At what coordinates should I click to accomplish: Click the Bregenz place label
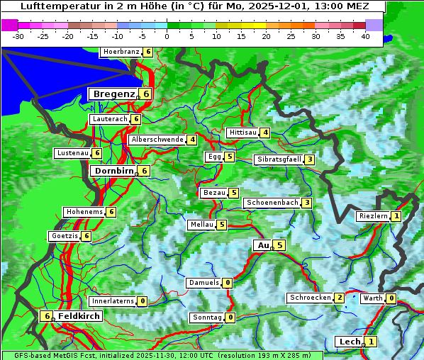click(113, 94)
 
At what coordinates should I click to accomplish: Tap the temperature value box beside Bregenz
click(145, 94)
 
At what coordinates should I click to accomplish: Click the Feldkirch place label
click(78, 316)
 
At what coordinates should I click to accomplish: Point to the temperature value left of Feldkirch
click(47, 316)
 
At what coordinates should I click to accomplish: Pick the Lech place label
click(350, 342)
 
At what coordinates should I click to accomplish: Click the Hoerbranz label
click(120, 52)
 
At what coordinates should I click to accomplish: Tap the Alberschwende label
click(157, 140)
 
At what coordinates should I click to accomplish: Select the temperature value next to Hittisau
click(264, 133)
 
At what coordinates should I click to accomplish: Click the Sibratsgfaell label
click(279, 159)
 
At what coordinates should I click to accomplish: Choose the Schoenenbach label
click(272, 203)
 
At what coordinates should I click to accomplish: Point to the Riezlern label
click(373, 216)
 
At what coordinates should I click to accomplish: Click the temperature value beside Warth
click(391, 298)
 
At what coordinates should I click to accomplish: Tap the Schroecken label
click(310, 298)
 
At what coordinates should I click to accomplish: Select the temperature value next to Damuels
click(227, 283)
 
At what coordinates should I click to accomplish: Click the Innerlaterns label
click(113, 301)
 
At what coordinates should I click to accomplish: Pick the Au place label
click(262, 245)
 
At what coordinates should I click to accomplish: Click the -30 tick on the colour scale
click(18, 35)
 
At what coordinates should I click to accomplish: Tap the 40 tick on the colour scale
click(364, 35)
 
